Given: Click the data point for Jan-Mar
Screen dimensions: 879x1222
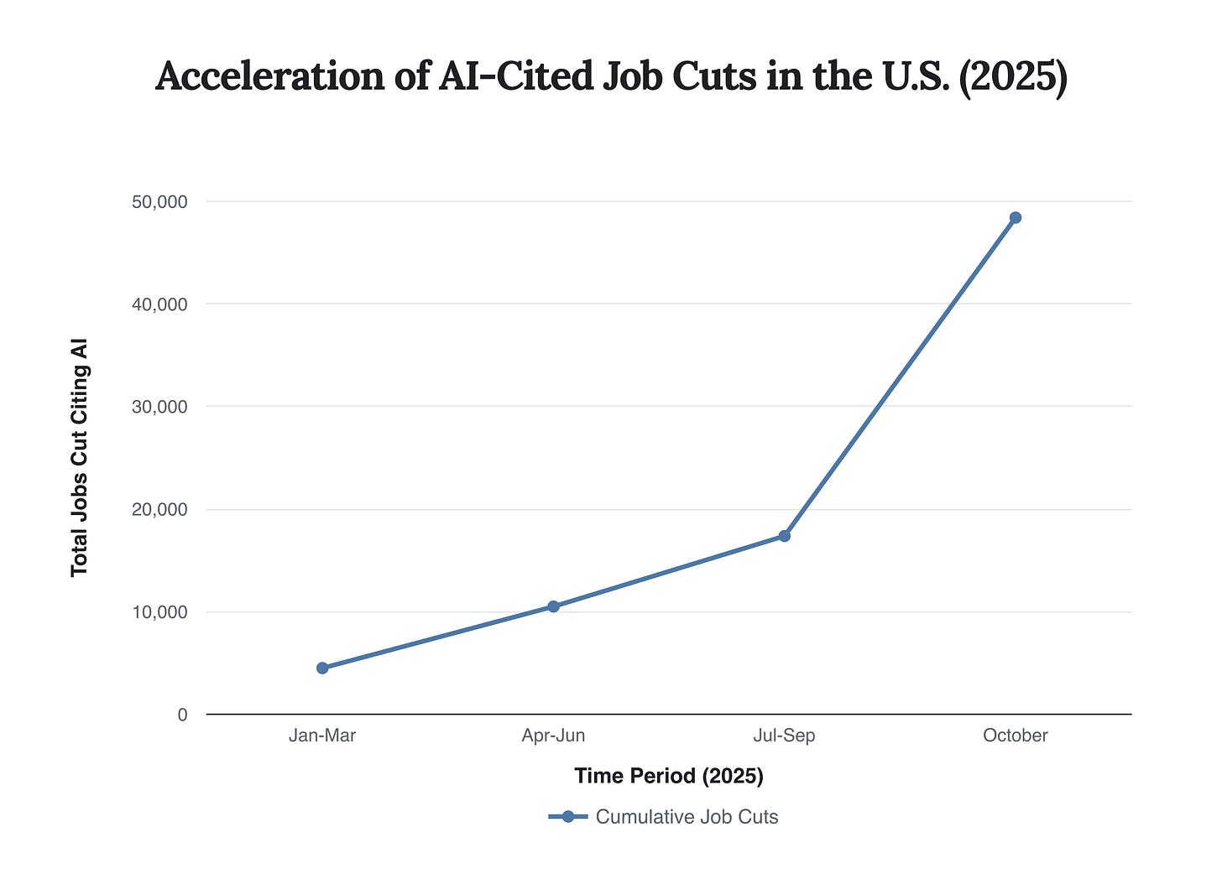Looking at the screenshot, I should point(322,668).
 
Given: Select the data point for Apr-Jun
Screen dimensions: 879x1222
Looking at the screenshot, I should point(553,606).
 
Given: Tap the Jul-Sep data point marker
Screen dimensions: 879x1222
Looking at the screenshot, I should point(784,536).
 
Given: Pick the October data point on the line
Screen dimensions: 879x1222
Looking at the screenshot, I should point(1015,218).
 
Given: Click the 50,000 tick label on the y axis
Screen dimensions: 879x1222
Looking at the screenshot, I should point(159,202).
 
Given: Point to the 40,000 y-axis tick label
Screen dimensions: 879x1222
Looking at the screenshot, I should point(159,304).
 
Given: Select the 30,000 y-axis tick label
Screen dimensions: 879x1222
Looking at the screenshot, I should point(159,407).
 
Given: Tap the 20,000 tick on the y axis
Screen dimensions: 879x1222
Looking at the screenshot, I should point(159,510).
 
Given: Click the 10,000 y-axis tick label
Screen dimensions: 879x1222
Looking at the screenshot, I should point(159,612).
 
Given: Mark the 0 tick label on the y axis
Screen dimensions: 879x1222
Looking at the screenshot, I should point(182,715).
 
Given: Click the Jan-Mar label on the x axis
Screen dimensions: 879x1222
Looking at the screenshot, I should point(322,736).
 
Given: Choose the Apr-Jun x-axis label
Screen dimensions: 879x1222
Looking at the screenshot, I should point(553,736).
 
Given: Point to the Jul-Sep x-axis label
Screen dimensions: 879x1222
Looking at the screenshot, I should point(784,736).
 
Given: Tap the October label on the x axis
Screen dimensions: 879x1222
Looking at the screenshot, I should point(1015,736).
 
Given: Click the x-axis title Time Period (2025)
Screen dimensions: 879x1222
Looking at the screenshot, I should point(669,776).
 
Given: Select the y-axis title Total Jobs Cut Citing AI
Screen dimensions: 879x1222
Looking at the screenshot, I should point(80,458).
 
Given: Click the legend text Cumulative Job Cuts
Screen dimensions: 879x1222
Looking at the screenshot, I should point(687,817).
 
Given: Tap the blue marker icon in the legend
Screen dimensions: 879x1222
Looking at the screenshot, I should point(568,817).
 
